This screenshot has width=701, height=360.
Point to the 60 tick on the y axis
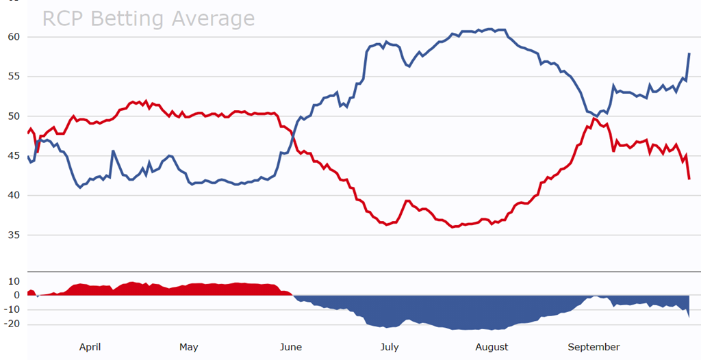(14, 37)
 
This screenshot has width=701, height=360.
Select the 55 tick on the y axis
(14, 77)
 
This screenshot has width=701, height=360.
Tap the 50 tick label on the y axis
(14, 116)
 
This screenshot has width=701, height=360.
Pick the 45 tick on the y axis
(14, 156)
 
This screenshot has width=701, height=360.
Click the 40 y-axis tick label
(14, 196)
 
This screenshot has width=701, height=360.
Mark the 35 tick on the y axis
(14, 235)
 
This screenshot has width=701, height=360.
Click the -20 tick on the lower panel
(12, 324)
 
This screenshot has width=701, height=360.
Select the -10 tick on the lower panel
(12, 310)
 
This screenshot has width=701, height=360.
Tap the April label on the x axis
(90, 347)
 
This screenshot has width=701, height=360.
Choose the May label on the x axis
(189, 347)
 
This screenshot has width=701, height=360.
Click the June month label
(291, 347)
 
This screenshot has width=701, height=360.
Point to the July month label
(389, 347)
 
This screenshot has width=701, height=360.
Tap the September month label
(594, 347)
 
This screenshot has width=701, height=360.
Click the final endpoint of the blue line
(689, 53)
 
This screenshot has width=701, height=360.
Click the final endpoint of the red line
(689, 179)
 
